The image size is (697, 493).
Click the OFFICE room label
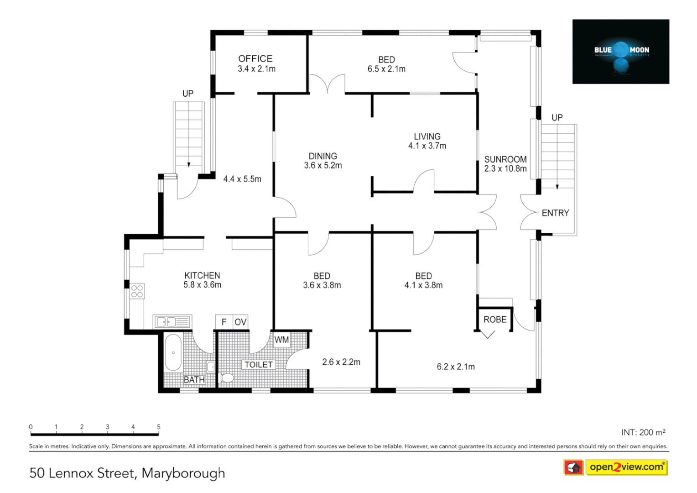point(255,59)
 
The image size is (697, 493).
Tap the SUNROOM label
point(505,159)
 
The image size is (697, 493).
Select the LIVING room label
point(427,136)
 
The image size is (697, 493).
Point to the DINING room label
point(323,156)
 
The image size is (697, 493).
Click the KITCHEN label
point(202,275)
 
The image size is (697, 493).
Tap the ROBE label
point(495,320)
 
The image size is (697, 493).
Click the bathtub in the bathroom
point(173,352)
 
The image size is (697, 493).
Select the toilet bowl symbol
point(227,378)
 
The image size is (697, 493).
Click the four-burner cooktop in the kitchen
point(137,291)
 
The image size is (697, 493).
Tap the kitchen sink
point(172,322)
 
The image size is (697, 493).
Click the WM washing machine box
point(281,340)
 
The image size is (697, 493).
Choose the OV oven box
point(240,322)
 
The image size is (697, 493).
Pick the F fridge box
point(224,322)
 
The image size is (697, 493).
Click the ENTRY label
point(555,213)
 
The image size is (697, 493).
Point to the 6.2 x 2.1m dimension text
point(456,367)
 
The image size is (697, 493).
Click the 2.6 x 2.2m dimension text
point(341,362)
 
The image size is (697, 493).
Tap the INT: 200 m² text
point(643,432)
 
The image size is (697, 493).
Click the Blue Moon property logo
point(621,52)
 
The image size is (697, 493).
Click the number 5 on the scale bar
point(159,427)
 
